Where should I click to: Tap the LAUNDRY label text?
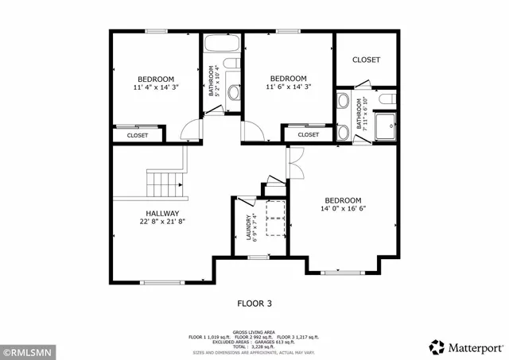[249, 227]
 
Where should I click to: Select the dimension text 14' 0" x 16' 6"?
[343, 209]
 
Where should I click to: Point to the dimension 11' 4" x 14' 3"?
[155, 88]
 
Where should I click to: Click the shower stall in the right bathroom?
[387, 125]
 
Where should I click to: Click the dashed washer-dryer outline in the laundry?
[275, 220]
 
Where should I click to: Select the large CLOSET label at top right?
[366, 60]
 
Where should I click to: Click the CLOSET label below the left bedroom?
[137, 136]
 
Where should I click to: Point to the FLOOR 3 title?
[254, 303]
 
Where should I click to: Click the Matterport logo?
[466, 347]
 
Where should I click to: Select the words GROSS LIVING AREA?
[254, 331]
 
